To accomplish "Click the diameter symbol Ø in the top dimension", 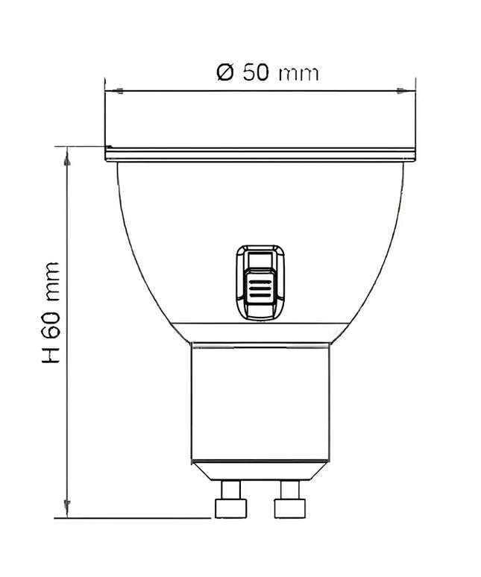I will [226, 73].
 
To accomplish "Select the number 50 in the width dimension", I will [256, 73].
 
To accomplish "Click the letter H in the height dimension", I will [51, 353].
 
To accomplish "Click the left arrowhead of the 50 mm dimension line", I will [114, 91].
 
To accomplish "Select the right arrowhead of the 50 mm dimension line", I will [402, 91].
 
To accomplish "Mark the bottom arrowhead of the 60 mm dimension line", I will [67, 508].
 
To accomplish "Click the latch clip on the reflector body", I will [260, 282].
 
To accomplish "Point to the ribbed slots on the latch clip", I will [260, 290].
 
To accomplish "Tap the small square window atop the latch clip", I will [260, 260].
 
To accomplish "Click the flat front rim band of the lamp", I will [260, 154].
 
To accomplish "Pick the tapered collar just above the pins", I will [260, 470].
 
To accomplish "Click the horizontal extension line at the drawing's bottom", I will [134, 518].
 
